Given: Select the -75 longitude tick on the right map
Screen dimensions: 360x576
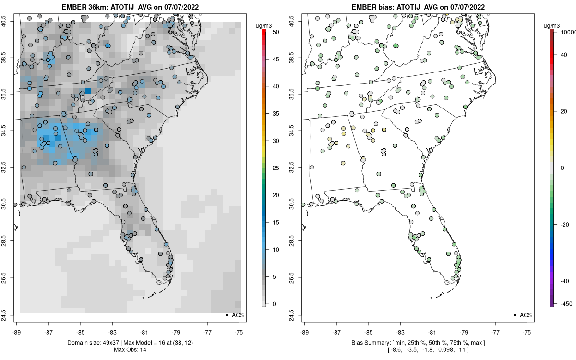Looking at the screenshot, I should [x=527, y=331].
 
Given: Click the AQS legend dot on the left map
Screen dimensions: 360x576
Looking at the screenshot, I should [x=226, y=315].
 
